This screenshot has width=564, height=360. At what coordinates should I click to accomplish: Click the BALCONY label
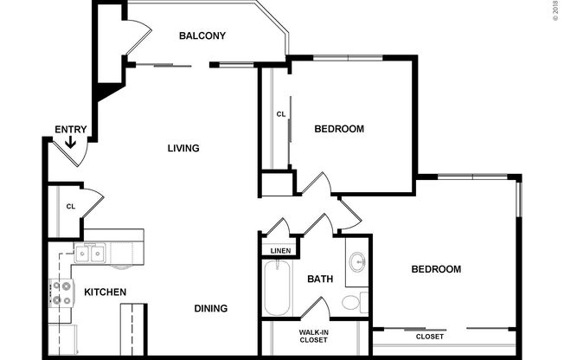(202, 35)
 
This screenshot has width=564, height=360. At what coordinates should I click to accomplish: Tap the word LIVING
(183, 148)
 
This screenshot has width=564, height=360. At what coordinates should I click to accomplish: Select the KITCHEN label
(105, 292)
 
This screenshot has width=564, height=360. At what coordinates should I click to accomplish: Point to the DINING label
(211, 308)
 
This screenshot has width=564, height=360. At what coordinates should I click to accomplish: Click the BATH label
(320, 279)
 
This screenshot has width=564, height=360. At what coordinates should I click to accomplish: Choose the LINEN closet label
(280, 251)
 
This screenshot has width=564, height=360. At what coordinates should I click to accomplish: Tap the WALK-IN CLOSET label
(313, 336)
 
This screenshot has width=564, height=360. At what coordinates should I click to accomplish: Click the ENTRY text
(70, 130)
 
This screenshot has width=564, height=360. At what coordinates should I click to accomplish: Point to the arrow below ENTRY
(70, 142)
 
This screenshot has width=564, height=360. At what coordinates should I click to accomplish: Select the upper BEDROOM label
(338, 129)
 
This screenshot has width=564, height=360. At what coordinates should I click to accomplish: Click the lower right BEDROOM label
(435, 270)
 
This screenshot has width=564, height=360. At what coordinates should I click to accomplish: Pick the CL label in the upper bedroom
(280, 114)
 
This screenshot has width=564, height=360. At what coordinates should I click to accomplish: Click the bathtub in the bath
(279, 289)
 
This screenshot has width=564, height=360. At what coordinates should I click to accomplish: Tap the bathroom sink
(358, 261)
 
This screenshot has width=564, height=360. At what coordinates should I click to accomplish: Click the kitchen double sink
(89, 254)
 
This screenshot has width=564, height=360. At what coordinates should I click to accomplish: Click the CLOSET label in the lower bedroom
(430, 336)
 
